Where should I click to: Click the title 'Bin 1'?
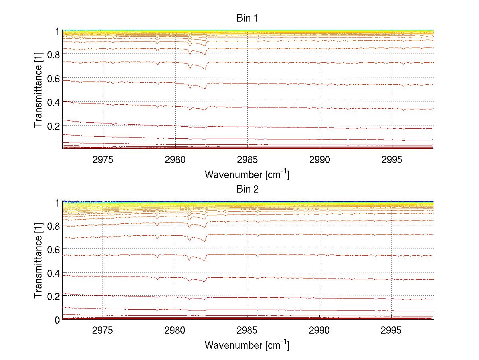click(x=247, y=18)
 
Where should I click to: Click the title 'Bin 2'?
click(x=247, y=189)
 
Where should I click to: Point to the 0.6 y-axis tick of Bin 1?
click(x=53, y=78)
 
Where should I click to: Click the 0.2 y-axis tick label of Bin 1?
click(x=53, y=125)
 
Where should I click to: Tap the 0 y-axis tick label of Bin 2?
click(x=57, y=320)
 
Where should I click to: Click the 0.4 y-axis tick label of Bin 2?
click(x=53, y=273)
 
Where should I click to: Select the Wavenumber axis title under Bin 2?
click(x=247, y=345)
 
